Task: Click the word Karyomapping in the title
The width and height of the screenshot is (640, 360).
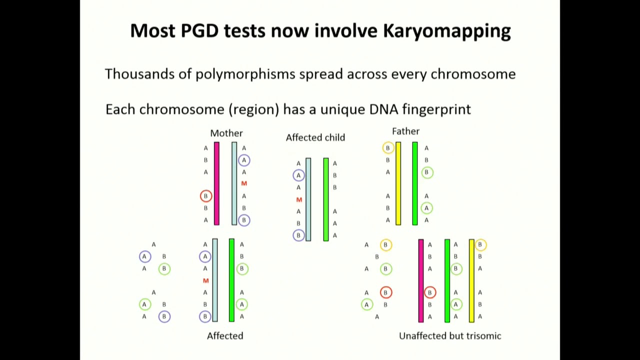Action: coord(446,31)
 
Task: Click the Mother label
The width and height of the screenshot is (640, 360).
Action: coord(226,133)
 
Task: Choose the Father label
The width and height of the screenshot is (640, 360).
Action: coord(405,131)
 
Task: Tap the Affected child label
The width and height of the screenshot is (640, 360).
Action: coord(315,137)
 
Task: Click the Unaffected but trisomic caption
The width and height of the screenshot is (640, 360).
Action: coord(450,336)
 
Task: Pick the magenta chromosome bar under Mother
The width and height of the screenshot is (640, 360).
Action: coord(216,183)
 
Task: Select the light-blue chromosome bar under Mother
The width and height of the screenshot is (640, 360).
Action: coord(234,183)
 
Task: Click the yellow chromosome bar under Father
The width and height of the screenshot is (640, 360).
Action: coord(398,183)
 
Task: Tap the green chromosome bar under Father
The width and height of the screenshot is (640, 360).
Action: coord(415,183)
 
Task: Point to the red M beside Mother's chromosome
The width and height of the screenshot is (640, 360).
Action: coord(244,184)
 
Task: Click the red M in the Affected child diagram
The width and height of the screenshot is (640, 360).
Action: coord(299,200)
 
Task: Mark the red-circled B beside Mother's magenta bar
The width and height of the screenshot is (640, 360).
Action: coord(205,196)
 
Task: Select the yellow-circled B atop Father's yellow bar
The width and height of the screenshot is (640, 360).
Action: coord(387,148)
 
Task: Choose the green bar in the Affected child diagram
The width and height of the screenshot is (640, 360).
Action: coord(326,199)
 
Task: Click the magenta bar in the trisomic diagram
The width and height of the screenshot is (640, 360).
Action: coord(421,280)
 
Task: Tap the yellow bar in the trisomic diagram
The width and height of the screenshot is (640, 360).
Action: coord(471,280)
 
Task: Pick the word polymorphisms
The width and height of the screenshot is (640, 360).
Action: coord(245,74)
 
